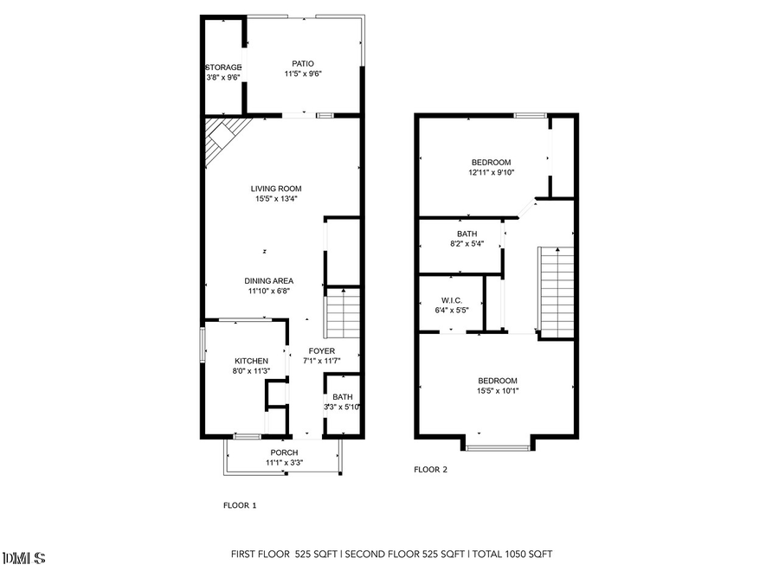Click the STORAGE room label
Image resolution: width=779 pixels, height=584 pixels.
click(223, 67)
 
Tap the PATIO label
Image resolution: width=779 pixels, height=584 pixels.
click(302, 63)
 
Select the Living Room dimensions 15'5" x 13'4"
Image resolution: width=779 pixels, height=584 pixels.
click(277, 199)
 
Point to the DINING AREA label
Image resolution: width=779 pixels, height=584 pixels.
click(268, 280)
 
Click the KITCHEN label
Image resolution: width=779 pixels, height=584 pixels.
click(251, 361)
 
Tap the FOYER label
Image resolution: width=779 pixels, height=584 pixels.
click(322, 350)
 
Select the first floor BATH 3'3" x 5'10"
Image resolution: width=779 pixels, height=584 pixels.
click(343, 402)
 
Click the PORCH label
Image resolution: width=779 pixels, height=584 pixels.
click(284, 452)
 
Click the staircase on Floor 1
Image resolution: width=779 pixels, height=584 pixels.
click(342, 313)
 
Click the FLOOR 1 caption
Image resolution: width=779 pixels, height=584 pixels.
click(240, 505)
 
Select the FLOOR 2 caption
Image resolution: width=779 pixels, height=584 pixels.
click(431, 470)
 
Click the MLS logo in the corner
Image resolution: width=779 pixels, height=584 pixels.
click(24, 558)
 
